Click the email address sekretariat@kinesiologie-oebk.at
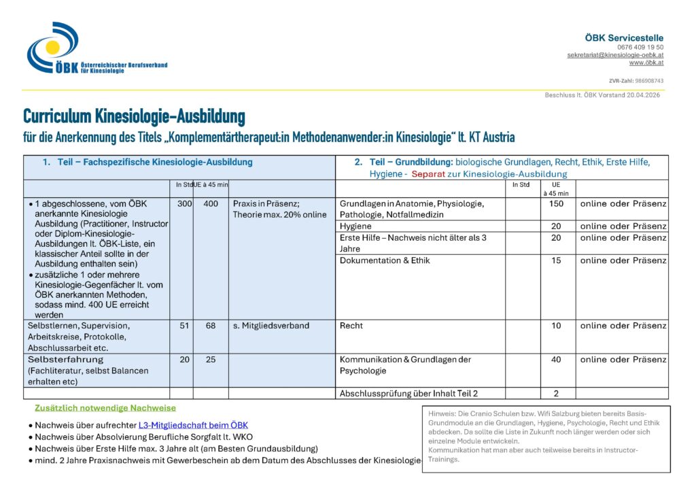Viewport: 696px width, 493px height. (615, 55)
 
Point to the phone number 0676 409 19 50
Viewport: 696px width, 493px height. (640, 47)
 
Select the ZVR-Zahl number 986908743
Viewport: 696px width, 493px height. (648, 81)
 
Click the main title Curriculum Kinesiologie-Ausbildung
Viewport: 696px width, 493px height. (134, 116)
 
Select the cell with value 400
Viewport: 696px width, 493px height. (211, 204)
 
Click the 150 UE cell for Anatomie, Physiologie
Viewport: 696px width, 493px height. (556, 204)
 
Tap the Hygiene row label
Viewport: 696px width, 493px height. (355, 226)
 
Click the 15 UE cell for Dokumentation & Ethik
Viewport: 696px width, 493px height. (556, 260)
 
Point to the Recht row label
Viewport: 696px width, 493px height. (351, 326)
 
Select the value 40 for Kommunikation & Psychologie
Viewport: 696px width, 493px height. (556, 360)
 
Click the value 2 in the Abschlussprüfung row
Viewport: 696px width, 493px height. (556, 393)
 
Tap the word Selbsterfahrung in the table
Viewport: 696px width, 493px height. (65, 359)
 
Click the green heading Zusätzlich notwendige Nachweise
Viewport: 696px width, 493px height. (105, 408)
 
